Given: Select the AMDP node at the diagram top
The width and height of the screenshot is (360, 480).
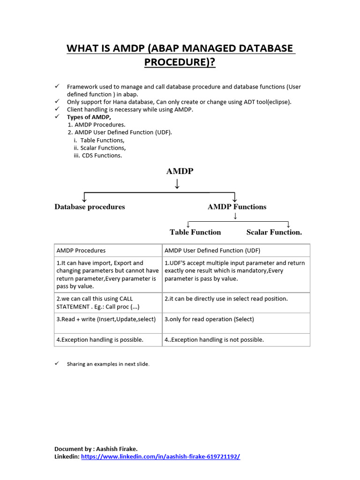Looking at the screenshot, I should (180, 172).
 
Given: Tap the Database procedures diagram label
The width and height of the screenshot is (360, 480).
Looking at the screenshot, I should (90, 207).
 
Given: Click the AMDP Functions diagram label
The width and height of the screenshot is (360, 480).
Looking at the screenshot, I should (237, 207).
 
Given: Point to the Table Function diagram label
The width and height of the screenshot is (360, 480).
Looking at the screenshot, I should (195, 232).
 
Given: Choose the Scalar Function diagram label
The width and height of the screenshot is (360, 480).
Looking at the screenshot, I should (274, 232).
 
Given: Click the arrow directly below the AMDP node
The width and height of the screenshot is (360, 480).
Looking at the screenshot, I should (177, 184).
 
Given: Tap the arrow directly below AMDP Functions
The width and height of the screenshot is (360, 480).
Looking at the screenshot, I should (235, 216).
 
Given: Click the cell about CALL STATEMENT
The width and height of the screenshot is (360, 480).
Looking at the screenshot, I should (107, 302).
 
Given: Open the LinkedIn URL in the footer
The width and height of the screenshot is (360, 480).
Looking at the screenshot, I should (160, 457).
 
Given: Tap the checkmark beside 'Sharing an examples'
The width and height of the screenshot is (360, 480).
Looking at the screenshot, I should (56, 363).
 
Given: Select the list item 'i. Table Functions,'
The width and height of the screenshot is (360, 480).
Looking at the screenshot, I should (99, 140).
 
